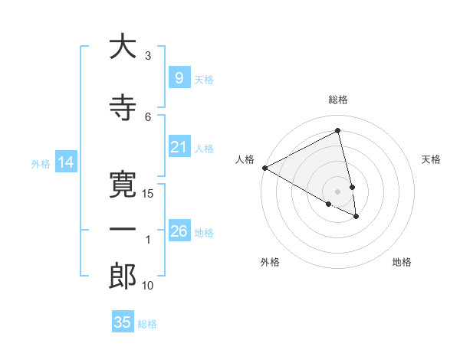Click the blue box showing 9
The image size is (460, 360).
[x=179, y=77]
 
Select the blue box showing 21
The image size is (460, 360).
[x=179, y=147]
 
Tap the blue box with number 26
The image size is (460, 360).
[x=179, y=231]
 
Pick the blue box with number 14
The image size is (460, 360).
[x=65, y=162]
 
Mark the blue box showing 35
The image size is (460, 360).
[x=122, y=322]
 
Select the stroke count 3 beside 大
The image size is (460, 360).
[x=148, y=55]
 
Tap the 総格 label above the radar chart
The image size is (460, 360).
[x=338, y=100]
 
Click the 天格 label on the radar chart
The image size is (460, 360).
[x=432, y=159]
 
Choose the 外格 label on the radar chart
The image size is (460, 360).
[x=270, y=262]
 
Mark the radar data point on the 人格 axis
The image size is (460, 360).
[x=264, y=168]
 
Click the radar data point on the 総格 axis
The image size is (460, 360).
[x=338, y=130]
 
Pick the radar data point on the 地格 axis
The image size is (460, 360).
[x=356, y=217]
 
